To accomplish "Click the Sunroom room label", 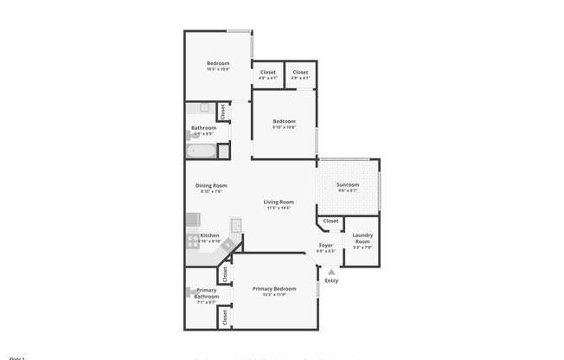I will (347, 184).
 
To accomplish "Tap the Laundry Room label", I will (362, 238).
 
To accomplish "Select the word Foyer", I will (325, 245).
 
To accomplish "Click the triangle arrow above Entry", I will (330, 272).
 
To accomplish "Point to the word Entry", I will (331, 280).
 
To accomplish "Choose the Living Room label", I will (279, 202).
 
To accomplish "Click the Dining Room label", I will (211, 185).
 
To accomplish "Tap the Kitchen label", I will (209, 235).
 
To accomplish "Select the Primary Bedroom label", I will (274, 288).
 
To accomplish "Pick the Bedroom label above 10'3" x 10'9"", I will (218, 63).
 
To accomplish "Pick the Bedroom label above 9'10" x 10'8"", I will (284, 120).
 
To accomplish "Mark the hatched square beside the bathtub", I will (221, 151).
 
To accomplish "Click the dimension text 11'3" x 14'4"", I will (279, 208).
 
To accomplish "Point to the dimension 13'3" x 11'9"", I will (274, 294).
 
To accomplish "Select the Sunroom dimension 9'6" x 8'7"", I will (347, 190).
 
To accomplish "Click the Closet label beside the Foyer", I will (330, 222).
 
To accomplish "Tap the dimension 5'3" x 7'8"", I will (362, 248).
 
